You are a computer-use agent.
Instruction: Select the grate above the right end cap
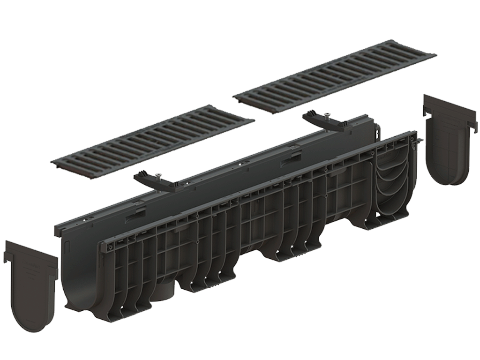[x=335, y=75]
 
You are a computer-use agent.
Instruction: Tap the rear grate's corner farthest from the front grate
[x=434, y=55]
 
